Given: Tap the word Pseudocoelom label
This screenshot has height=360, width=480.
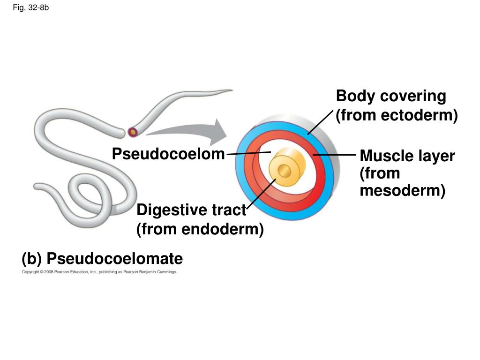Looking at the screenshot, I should click(168, 154).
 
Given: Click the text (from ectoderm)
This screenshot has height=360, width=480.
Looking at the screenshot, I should click(397, 115).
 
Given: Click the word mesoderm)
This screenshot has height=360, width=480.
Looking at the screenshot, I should click(402, 191).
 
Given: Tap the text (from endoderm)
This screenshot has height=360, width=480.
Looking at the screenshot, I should click(200, 230).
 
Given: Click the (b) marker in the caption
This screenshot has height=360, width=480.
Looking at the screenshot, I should click(32, 258).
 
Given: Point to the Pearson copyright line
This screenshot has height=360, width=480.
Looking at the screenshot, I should click(99, 272).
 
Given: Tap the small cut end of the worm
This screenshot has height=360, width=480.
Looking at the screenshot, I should click(133, 132).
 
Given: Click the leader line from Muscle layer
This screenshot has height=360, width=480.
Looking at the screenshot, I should click(334, 154).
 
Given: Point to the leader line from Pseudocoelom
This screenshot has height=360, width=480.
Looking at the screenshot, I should click(248, 153).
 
